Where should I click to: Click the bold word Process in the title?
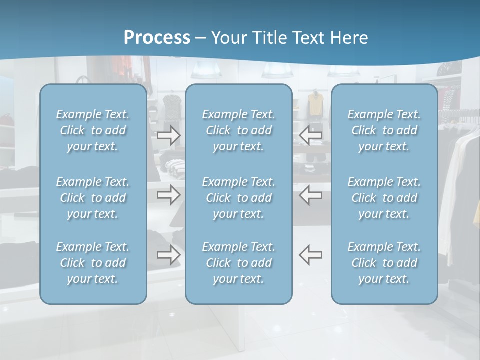157,38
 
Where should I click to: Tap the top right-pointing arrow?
169,135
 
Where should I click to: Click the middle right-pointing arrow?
169,195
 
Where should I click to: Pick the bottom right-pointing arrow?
169,255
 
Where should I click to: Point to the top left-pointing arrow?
310,135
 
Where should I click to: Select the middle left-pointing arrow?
310,195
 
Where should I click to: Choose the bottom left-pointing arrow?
310,255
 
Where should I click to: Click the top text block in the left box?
93,130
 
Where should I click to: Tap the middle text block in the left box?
93,198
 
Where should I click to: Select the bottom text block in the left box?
93,263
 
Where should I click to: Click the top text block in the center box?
238,130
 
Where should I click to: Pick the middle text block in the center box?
238,198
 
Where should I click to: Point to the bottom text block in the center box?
238,263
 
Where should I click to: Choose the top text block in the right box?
384,130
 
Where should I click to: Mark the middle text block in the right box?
384,198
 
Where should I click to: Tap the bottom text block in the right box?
384,263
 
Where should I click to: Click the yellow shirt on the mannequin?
315,104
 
